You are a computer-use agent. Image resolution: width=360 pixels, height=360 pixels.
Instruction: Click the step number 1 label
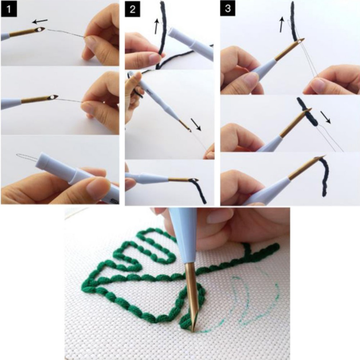(x=8, y=9)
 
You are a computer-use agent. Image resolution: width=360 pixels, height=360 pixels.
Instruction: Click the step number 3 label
(x=227, y=9)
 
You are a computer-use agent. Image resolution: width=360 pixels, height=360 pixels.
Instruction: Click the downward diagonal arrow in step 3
(x=325, y=117)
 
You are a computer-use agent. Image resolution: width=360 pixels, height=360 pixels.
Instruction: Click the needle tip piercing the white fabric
(x=193, y=329)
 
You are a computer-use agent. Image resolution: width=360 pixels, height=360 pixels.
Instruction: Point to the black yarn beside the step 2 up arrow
(x=164, y=24)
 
